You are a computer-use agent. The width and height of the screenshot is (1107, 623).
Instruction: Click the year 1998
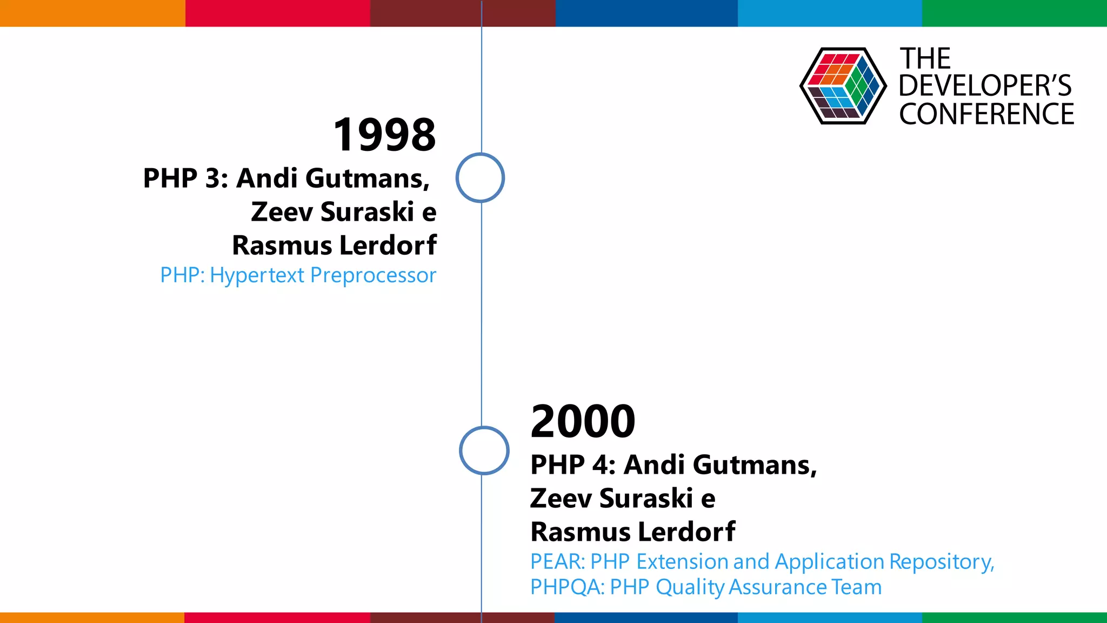(x=384, y=135)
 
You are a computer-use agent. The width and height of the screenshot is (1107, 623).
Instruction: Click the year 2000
(x=583, y=421)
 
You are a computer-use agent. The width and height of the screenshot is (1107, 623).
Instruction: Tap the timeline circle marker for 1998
(x=480, y=178)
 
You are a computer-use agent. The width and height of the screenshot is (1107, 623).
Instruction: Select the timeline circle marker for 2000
(x=484, y=450)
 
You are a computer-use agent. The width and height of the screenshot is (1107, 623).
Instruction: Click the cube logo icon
(x=843, y=86)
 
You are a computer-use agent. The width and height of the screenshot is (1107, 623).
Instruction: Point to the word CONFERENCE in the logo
(x=986, y=114)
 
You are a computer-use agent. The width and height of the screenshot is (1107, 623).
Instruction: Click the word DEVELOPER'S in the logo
(x=985, y=86)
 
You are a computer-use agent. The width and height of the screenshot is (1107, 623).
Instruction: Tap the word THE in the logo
(x=925, y=58)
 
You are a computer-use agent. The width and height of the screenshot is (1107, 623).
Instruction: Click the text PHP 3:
(x=185, y=178)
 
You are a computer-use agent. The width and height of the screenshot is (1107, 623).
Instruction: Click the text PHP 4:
(x=573, y=465)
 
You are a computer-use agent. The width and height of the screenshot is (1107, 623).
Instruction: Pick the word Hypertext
(x=257, y=276)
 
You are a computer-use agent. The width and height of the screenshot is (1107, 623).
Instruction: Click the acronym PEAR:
(x=557, y=562)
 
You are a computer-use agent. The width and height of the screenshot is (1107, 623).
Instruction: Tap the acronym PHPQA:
(x=567, y=587)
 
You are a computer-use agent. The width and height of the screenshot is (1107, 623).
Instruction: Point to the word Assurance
(x=777, y=587)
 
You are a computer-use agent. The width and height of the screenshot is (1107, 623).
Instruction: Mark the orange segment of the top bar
(x=92, y=13)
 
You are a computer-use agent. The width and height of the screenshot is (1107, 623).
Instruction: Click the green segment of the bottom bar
(x=1014, y=618)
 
